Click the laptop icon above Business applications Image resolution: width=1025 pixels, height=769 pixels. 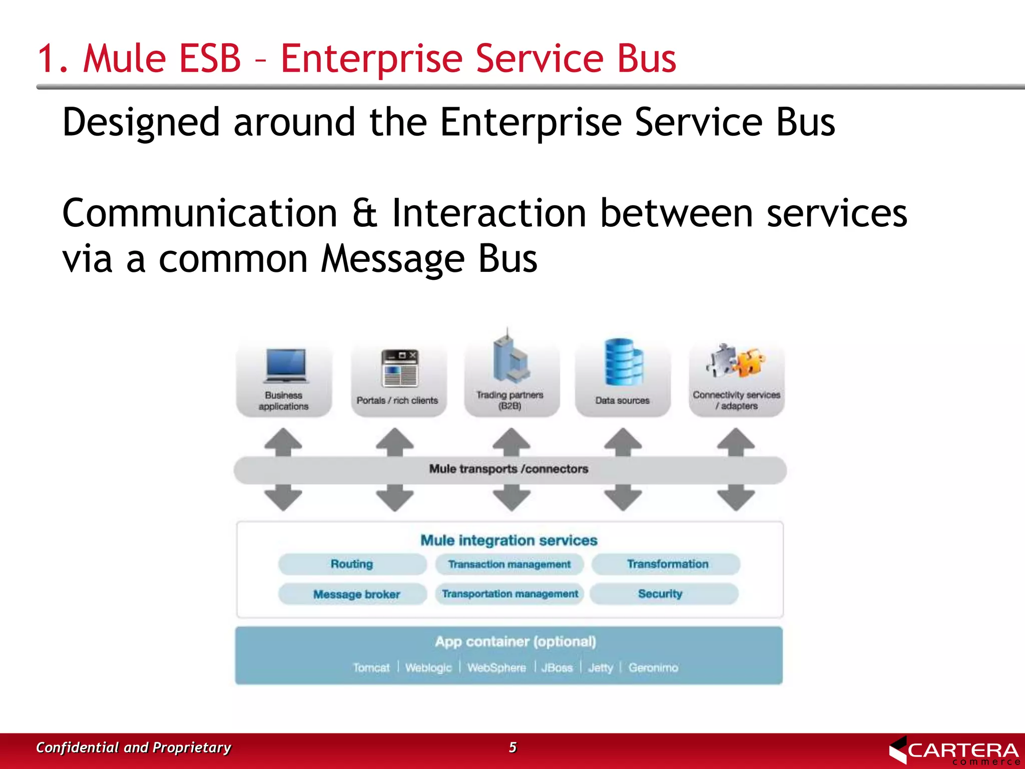point(285,366)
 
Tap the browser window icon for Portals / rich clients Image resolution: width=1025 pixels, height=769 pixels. point(399,368)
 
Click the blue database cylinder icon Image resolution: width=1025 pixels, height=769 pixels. point(623,362)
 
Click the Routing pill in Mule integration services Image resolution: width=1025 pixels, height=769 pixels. point(352,564)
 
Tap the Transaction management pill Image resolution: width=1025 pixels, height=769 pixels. point(509,564)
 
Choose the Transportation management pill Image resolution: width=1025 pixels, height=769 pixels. point(509,594)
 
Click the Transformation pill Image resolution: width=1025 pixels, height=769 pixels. point(667,564)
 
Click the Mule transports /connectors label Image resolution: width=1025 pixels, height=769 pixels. point(508,469)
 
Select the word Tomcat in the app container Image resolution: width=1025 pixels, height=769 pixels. point(371,668)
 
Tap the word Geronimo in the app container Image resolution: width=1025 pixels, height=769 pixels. point(653,668)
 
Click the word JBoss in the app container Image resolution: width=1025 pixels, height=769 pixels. point(557,668)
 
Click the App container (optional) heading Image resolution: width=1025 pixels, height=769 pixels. point(515,642)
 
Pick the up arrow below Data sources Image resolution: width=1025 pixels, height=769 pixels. point(623,441)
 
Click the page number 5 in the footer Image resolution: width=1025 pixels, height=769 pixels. point(512,747)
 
